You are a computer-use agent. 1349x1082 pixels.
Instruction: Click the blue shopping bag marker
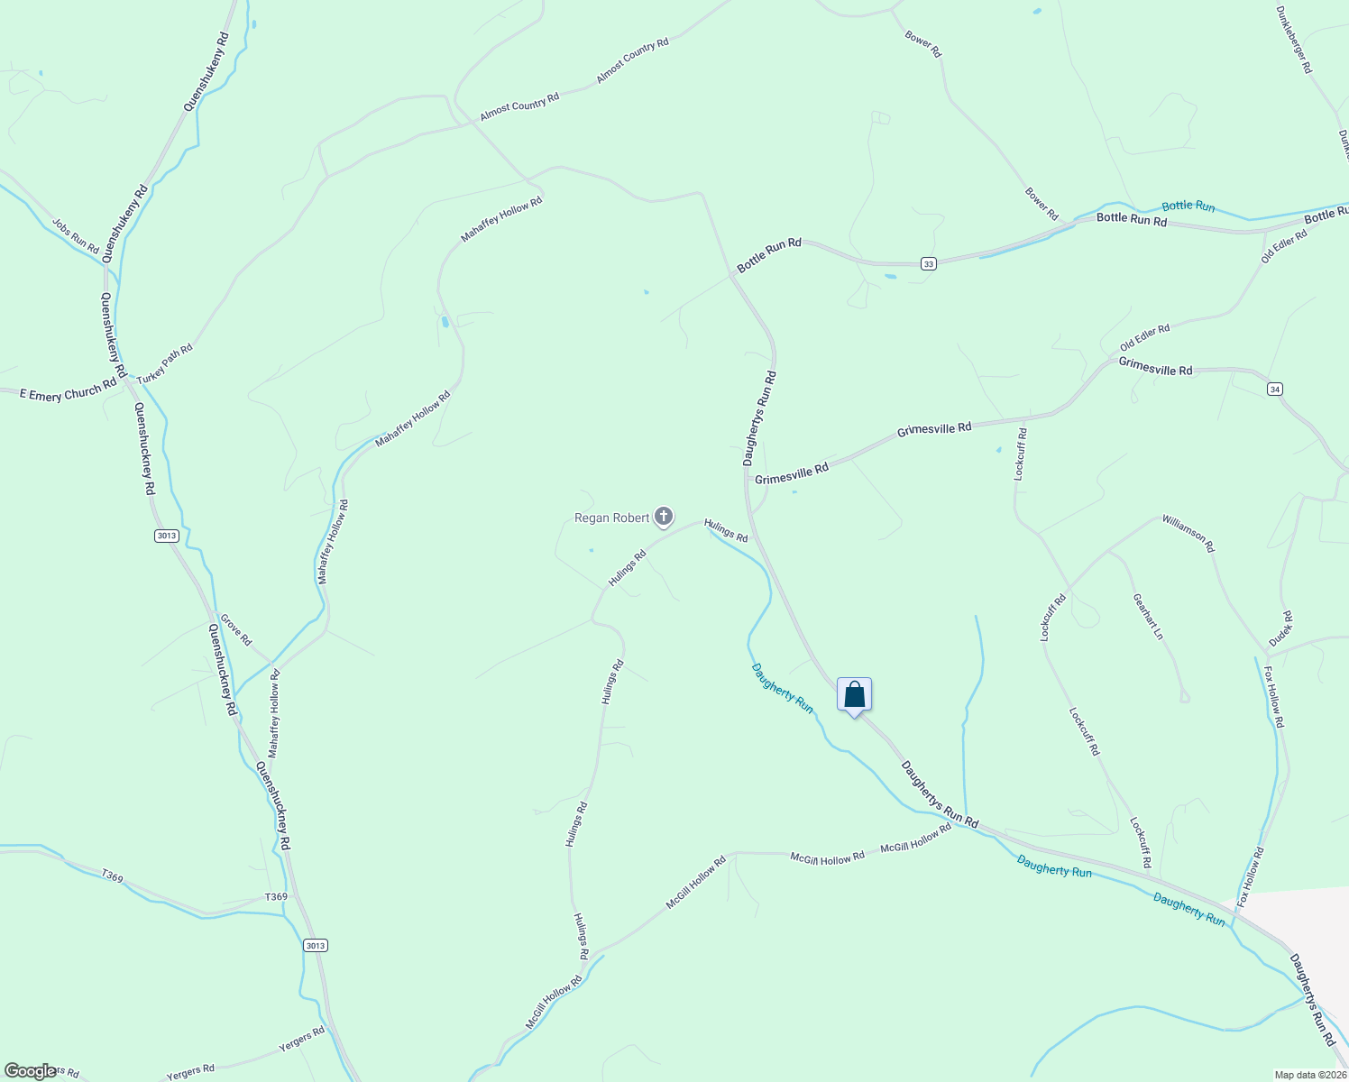click(854, 696)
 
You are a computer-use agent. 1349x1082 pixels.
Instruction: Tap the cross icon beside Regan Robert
click(664, 517)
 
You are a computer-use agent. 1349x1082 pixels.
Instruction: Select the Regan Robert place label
click(612, 518)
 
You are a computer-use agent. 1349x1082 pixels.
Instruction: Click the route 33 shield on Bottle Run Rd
click(929, 263)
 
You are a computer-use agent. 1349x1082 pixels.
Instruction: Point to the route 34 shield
click(1274, 389)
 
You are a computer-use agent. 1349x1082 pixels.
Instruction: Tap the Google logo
click(30, 1071)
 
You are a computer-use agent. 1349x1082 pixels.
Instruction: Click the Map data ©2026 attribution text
click(1310, 1075)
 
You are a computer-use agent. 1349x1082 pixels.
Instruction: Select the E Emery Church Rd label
click(69, 390)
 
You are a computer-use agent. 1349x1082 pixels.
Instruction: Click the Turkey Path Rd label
click(165, 362)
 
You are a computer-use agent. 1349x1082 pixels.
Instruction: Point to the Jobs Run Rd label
click(76, 235)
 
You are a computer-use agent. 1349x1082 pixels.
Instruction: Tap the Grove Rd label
click(236, 630)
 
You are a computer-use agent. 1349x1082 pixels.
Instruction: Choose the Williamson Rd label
click(1188, 533)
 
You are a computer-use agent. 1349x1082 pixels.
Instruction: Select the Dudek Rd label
click(1281, 628)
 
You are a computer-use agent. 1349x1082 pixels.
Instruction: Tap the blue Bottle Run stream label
click(1188, 206)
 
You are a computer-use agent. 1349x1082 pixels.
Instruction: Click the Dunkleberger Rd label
click(1294, 40)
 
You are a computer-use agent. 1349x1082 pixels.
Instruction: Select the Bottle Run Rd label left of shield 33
click(769, 255)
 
